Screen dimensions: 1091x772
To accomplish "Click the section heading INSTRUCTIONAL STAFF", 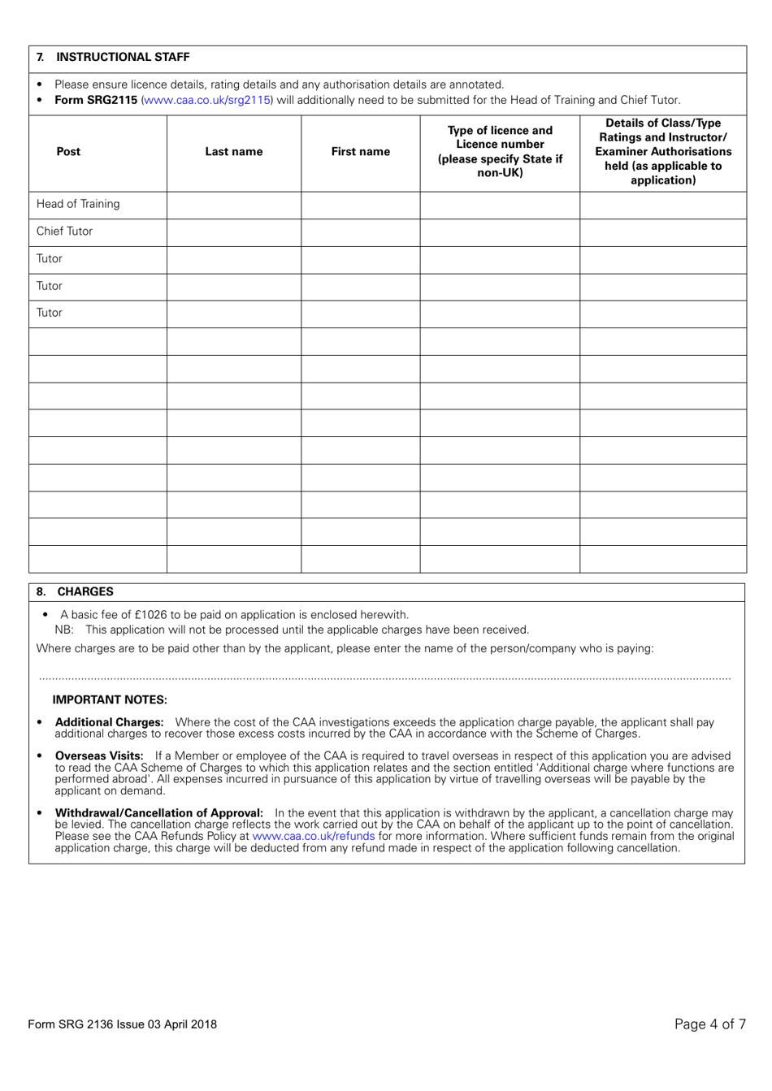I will coord(122,57).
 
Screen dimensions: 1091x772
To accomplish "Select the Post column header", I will coord(69,152).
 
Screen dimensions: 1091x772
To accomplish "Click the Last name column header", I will coord(233,152).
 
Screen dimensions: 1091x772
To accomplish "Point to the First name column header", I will coord(360,152).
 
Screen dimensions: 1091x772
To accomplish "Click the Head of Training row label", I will coord(78,204).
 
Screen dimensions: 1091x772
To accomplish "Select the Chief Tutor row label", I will coord(65,232).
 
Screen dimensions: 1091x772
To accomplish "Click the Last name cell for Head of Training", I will coord(233,205).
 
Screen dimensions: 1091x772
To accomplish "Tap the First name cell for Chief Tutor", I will coord(360,232).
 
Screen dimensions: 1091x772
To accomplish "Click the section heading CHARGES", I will coord(85,591).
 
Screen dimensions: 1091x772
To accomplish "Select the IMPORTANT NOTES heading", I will coord(110,699).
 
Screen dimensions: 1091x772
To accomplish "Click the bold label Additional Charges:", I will coord(109,722).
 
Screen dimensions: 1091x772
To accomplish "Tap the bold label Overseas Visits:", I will coord(99,755).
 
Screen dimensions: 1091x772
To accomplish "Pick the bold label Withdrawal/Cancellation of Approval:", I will coord(158,813).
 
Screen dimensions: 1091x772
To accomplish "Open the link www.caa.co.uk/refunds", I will coord(314,836).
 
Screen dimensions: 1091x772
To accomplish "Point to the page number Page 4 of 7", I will coord(709,1024).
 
